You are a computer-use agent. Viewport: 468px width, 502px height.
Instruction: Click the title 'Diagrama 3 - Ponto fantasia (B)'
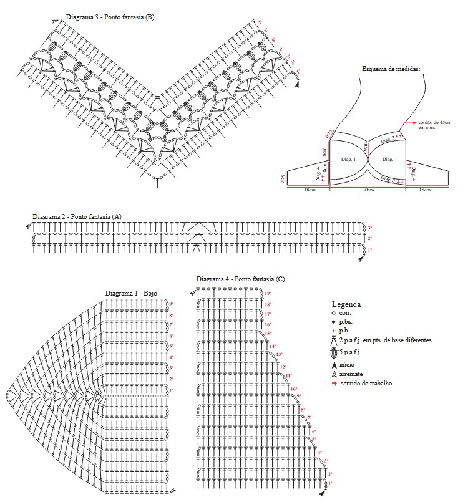(110, 17)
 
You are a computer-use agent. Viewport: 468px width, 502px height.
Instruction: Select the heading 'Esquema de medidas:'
(391, 68)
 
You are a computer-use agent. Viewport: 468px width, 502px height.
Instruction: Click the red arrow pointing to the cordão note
(411, 123)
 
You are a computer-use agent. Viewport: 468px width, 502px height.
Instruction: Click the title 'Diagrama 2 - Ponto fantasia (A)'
(77, 216)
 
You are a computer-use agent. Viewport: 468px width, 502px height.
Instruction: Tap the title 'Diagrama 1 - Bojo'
(130, 292)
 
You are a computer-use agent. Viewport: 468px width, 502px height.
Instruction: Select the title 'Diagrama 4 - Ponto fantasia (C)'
(240, 279)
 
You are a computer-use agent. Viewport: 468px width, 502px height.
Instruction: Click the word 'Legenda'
(346, 304)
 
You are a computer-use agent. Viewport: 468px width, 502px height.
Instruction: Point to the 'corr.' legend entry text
(346, 312)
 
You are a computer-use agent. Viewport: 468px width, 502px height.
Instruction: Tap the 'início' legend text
(348, 364)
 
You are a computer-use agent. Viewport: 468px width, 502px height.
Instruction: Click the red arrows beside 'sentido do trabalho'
(334, 383)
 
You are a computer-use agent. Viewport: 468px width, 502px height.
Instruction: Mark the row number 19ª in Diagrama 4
(268, 293)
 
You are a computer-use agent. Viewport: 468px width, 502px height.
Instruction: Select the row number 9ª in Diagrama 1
(171, 304)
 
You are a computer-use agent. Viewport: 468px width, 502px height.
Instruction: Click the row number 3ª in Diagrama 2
(369, 228)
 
